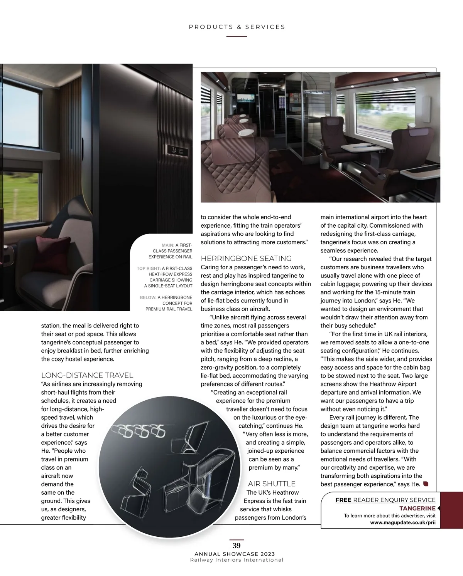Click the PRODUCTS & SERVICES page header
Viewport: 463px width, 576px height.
(237, 27)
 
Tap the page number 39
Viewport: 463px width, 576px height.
(237, 546)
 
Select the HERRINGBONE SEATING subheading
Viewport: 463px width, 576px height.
(246, 259)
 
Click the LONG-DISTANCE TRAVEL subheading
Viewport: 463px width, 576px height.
(87, 375)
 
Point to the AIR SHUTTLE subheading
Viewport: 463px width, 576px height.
(272, 484)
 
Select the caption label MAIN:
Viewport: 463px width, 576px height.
(168, 245)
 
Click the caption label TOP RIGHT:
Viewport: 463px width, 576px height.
(149, 269)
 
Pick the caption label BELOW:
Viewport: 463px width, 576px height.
(148, 297)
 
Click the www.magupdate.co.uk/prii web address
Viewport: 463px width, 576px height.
(403, 523)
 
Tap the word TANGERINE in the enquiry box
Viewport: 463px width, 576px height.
(417, 508)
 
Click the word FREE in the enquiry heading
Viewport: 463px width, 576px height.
(343, 500)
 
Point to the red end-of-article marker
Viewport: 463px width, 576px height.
(426, 484)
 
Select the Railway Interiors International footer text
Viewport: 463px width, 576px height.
(237, 560)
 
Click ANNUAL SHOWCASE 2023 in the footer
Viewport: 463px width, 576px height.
(235, 554)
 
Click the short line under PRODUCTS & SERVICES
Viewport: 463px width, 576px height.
(237, 37)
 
